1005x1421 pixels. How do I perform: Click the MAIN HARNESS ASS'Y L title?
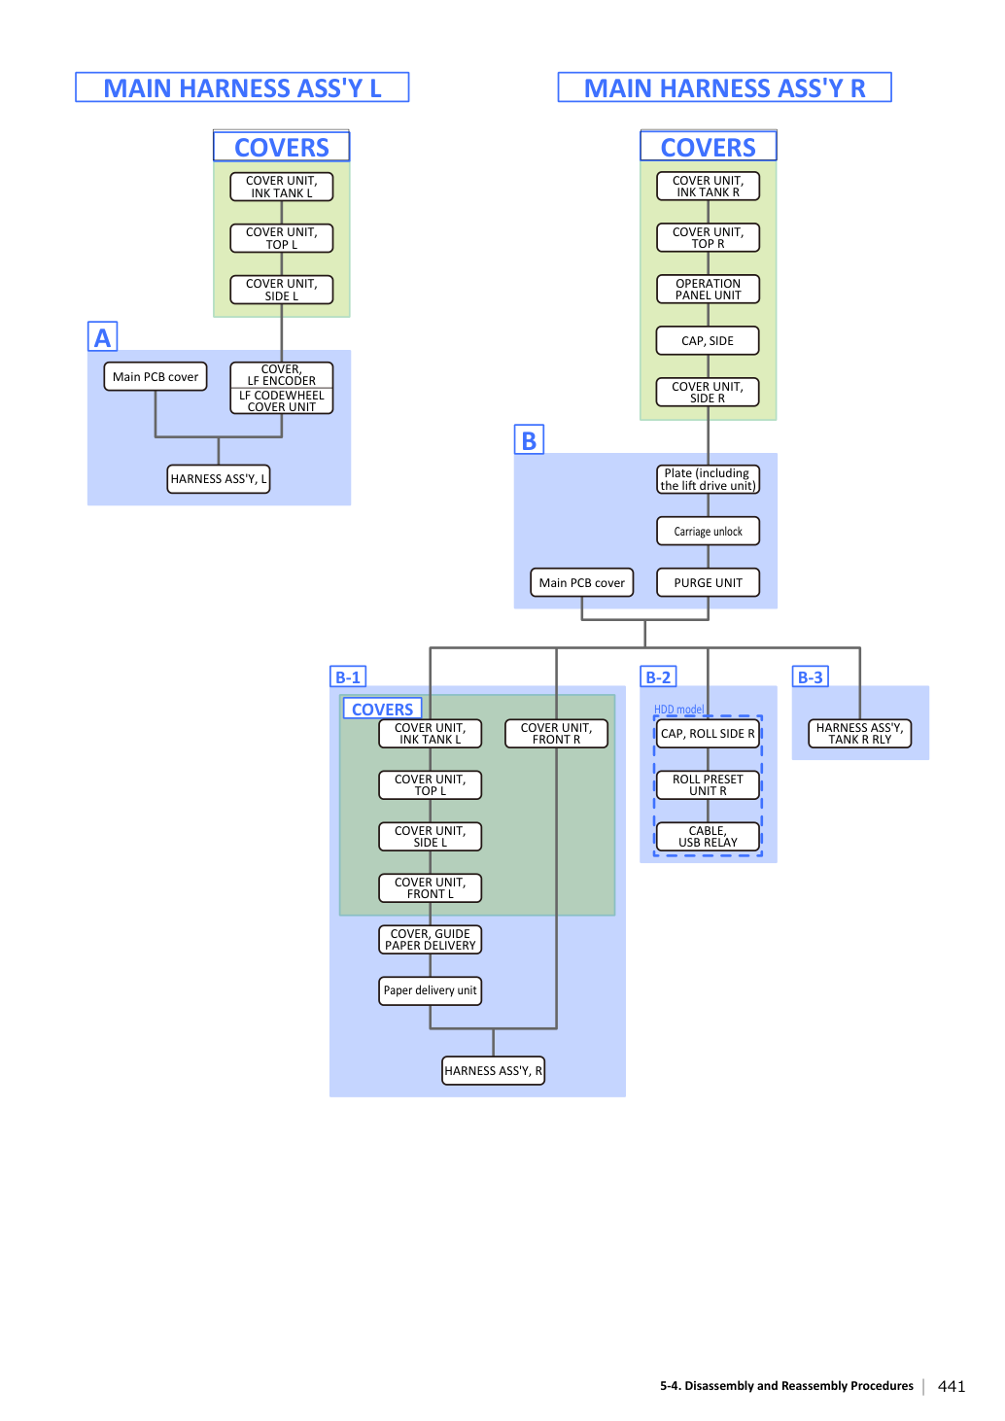click(x=242, y=87)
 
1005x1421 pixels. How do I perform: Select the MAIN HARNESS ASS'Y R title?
click(x=724, y=87)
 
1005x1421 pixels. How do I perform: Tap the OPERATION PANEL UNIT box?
click(x=708, y=289)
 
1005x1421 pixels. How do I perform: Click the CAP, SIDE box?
click(x=708, y=340)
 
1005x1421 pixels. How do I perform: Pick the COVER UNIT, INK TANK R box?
click(x=708, y=186)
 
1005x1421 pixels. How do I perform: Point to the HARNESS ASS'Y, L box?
click(x=219, y=478)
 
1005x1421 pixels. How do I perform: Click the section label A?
click(x=102, y=336)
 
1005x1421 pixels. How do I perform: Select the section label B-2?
click(x=658, y=676)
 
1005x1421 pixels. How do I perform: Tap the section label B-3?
click(x=811, y=676)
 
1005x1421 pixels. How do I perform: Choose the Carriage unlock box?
click(x=708, y=531)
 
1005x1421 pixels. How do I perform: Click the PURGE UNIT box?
click(x=708, y=582)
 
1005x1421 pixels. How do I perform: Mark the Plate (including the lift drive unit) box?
click(x=708, y=479)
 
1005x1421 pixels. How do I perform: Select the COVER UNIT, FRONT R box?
click(x=556, y=733)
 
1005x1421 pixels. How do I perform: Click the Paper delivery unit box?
click(x=431, y=990)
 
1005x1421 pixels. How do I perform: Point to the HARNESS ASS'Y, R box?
click(x=493, y=1070)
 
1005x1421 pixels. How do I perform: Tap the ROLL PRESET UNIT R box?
click(x=708, y=784)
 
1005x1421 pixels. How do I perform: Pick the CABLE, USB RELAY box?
click(x=708, y=836)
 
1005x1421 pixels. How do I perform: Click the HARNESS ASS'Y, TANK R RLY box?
click(x=860, y=733)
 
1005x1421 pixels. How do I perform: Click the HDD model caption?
click(x=678, y=709)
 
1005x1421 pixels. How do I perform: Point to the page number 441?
click(x=952, y=1386)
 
